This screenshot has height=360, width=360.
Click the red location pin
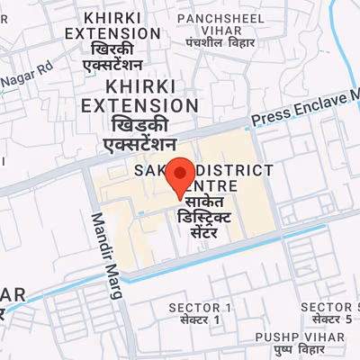(182, 175)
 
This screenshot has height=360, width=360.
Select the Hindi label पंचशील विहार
(221, 42)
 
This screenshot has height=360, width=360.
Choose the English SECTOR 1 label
(200, 308)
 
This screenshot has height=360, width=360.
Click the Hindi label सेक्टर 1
(200, 320)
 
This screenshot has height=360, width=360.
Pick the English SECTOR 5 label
(326, 307)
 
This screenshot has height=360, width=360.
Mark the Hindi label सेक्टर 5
(326, 319)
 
